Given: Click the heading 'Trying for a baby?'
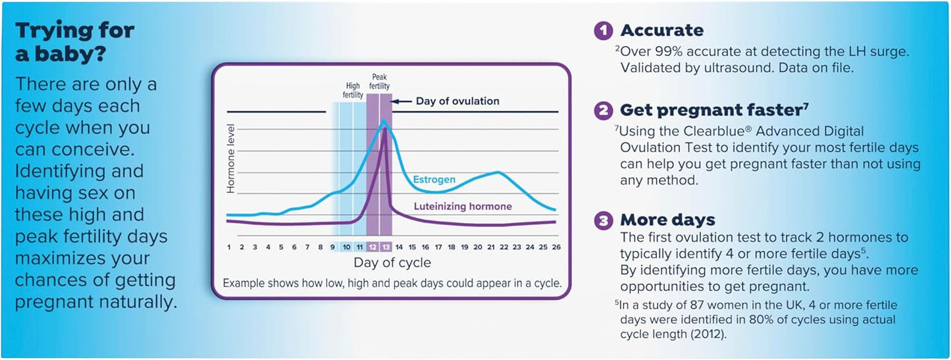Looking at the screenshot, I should [x=74, y=41].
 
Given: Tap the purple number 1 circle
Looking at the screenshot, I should [x=604, y=30].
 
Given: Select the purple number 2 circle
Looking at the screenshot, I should [x=604, y=110].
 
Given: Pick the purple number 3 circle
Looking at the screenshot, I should [x=604, y=220].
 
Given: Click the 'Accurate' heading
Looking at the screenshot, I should [x=661, y=30].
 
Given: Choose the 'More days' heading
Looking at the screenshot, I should [x=667, y=220].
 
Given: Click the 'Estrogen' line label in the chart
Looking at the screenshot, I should [x=434, y=179].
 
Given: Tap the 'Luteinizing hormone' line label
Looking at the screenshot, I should [x=463, y=207].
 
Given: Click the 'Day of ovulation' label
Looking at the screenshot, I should [x=457, y=101].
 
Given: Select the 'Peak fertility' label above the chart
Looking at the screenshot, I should [x=380, y=81].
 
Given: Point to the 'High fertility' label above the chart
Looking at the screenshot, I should [x=352, y=90].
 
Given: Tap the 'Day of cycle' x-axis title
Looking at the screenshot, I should [x=392, y=263].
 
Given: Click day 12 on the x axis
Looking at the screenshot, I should [x=373, y=247].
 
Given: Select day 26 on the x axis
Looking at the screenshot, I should [x=555, y=247].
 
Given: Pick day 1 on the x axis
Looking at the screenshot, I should [x=228, y=247].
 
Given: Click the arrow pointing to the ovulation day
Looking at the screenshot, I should [x=403, y=101].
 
